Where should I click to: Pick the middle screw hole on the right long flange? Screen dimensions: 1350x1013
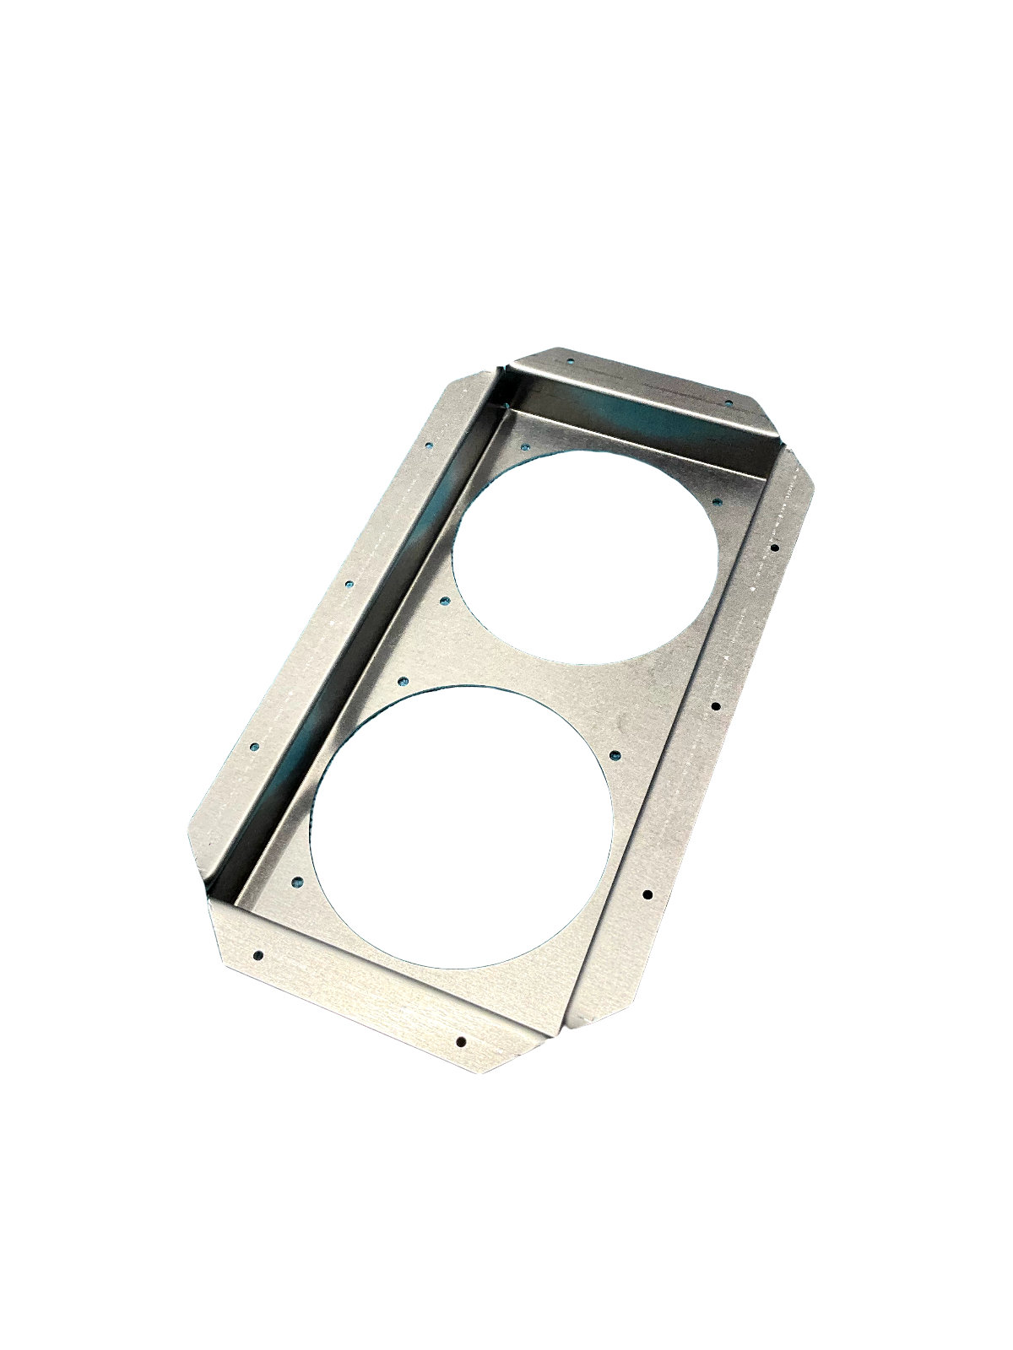[715, 705]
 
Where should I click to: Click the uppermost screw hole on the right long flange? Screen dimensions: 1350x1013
[775, 548]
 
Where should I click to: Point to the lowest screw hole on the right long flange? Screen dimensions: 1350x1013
[647, 894]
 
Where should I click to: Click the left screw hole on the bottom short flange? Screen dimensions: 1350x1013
[258, 955]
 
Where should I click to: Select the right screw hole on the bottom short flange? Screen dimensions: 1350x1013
[461, 1040]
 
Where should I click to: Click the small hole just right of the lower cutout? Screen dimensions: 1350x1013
[615, 755]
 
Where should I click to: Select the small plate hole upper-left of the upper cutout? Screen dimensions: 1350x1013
[526, 447]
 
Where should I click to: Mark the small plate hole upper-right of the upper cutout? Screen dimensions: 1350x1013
[718, 500]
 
